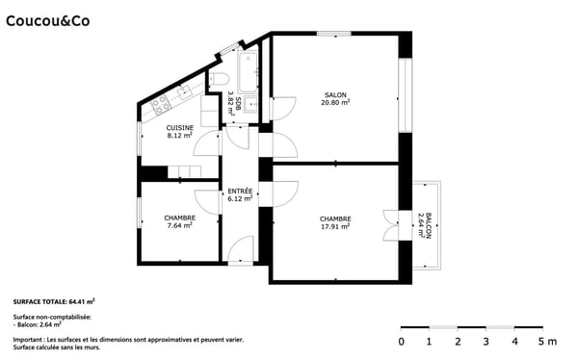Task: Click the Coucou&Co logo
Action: click(49, 18)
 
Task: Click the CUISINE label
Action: click(179, 128)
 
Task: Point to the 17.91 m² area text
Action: click(335, 227)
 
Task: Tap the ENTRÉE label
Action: click(239, 191)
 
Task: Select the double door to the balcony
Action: click(389, 225)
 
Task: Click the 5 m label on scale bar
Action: click(545, 341)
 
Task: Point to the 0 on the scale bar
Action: click(402, 341)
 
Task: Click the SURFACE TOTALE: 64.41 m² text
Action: click(54, 301)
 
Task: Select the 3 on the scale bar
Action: click(486, 341)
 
